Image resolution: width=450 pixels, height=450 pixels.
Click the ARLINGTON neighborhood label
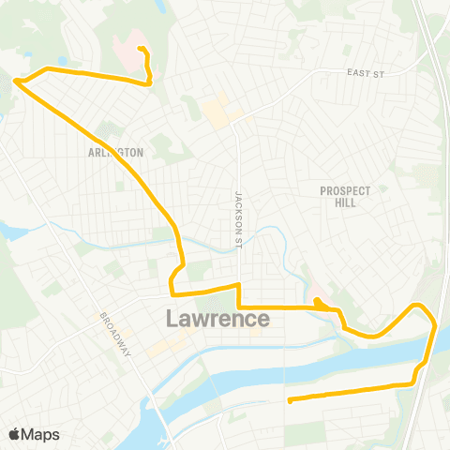tap(116, 152)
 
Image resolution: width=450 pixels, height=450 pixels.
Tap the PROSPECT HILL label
tap(345, 196)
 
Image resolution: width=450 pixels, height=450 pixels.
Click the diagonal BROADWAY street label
tap(115, 333)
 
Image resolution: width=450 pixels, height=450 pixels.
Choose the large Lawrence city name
tap(217, 319)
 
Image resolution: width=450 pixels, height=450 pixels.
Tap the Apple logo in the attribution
tap(14, 434)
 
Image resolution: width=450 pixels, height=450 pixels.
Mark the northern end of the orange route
tap(139, 49)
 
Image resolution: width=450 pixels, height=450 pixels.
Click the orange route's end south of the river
tap(290, 401)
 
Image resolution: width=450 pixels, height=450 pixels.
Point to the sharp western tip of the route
tap(15, 82)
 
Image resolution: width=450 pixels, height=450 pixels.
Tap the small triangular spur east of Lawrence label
tap(320, 302)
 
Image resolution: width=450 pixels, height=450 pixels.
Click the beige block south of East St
tap(218, 112)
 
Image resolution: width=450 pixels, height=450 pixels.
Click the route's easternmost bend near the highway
tap(435, 322)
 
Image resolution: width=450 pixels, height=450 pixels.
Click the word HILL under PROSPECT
tap(345, 202)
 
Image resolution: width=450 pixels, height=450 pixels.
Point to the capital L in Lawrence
tap(173, 319)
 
